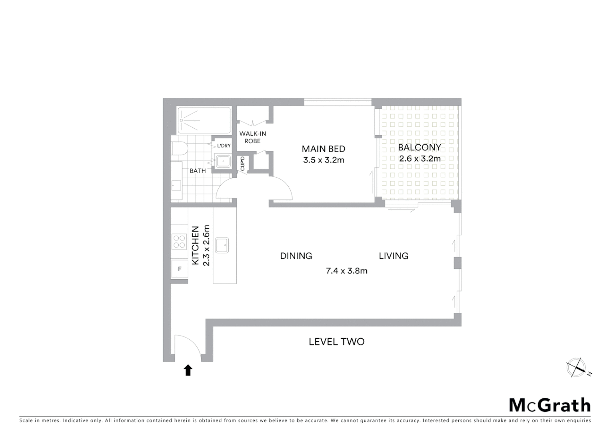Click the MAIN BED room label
point(323,149)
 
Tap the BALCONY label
point(419,147)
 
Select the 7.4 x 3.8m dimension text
point(346,271)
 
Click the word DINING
point(296,256)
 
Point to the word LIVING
point(393,256)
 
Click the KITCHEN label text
point(196,245)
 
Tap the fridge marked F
point(180,269)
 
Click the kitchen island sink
point(222,245)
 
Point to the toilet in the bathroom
point(180,148)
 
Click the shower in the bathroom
point(204,120)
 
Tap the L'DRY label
point(224,146)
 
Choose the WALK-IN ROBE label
point(252,137)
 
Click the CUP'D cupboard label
point(242,163)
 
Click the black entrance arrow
point(188,370)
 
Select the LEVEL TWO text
point(336,342)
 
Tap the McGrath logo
point(549,405)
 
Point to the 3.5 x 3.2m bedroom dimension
point(323,160)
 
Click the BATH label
point(198,171)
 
